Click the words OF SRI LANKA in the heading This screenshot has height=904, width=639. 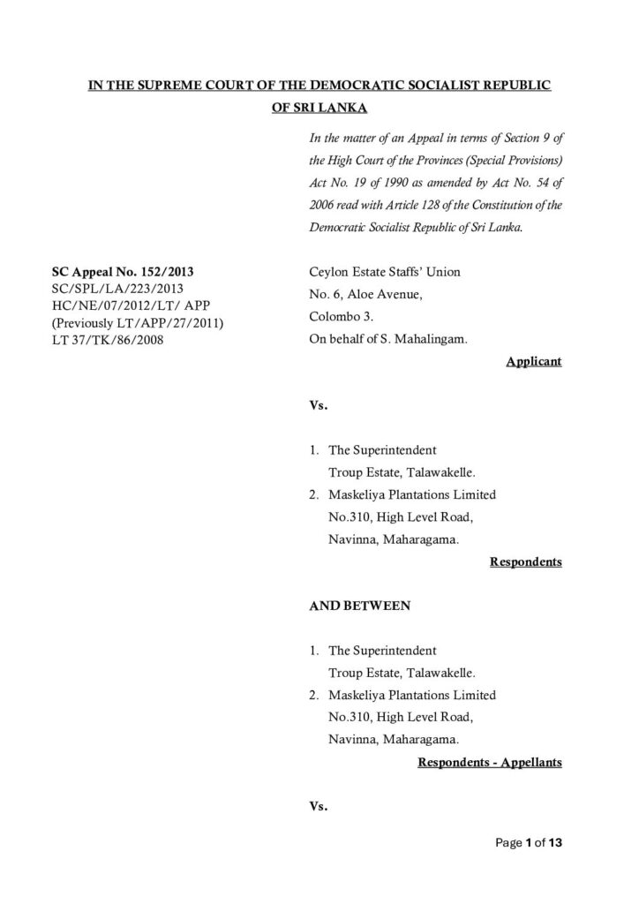point(319,110)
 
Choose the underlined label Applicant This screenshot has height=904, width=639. point(534,362)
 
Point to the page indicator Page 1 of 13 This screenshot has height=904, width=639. point(528,843)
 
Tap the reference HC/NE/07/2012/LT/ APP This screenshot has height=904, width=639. point(118,306)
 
